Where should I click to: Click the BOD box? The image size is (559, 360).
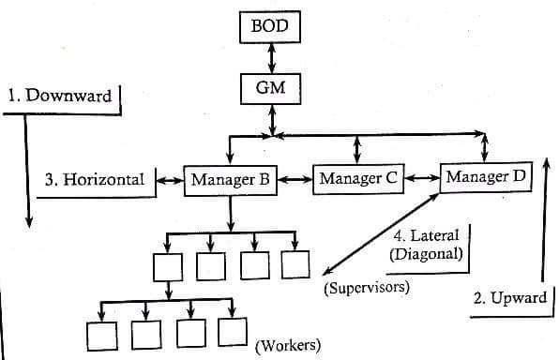tap(270, 27)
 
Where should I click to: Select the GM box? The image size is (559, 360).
tap(270, 89)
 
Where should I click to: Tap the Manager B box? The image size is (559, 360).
tap(231, 180)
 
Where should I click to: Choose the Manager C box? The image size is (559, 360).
tap(358, 179)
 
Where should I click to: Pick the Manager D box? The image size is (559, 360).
tap(486, 177)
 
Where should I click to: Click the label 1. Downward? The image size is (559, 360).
tap(59, 96)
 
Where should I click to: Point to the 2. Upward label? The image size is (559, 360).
tap(510, 297)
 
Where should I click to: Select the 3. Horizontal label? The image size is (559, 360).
tap(95, 179)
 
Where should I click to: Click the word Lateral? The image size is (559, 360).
tap(434, 235)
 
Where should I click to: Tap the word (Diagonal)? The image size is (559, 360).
tap(426, 254)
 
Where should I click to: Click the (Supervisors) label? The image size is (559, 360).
tap(367, 287)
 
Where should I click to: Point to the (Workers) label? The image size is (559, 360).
tap(288, 345)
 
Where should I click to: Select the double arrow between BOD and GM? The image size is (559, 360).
tap(272, 58)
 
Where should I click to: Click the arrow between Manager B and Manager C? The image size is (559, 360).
tap(295, 180)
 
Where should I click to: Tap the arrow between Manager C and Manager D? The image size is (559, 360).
tap(422, 178)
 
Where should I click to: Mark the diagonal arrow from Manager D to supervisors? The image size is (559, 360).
tap(381, 234)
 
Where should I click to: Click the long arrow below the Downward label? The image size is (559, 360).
tap(27, 171)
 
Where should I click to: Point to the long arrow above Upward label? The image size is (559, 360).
tap(544, 220)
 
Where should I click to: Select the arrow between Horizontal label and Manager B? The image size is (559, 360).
tap(170, 181)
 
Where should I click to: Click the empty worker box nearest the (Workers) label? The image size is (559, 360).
tap(233, 332)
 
